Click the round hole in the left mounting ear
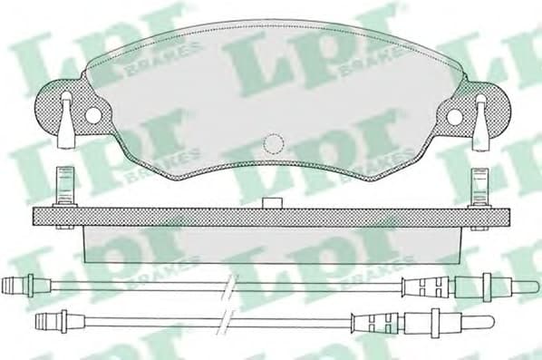point(92,115)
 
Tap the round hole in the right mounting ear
point(454,115)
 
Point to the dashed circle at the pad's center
point(273,143)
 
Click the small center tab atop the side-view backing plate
point(269,203)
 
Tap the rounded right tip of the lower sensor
point(489,320)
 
